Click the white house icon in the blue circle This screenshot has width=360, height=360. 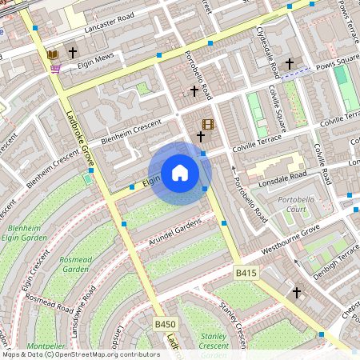(180, 173)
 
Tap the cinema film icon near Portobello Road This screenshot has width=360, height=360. (208, 124)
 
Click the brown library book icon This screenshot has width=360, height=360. (54, 54)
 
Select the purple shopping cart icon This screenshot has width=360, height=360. (55, 69)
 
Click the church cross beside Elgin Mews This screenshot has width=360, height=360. (73, 53)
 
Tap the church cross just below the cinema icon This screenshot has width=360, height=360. (201, 138)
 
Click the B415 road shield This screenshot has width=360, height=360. (246, 274)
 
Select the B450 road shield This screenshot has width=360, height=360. (165, 324)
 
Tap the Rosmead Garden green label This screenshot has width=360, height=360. (75, 265)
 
